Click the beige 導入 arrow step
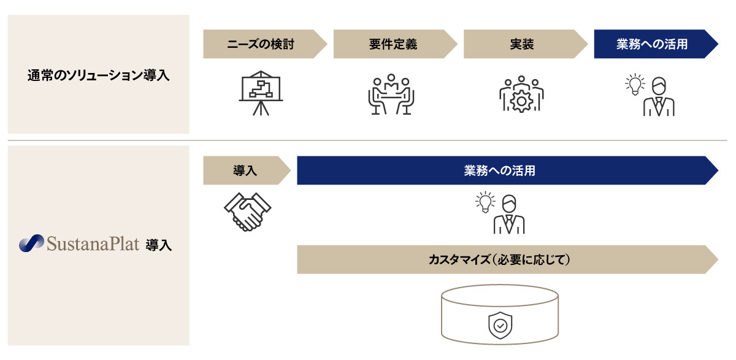click(x=245, y=170)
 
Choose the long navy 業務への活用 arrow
click(x=500, y=170)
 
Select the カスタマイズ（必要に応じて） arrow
click(x=500, y=259)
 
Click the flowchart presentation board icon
click(x=261, y=95)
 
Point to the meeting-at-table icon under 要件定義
click(x=391, y=95)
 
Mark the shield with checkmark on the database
click(x=500, y=325)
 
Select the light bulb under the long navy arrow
click(x=485, y=202)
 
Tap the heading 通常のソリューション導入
click(x=98, y=75)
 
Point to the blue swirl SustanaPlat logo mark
click(x=31, y=244)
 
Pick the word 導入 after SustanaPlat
click(x=159, y=246)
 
